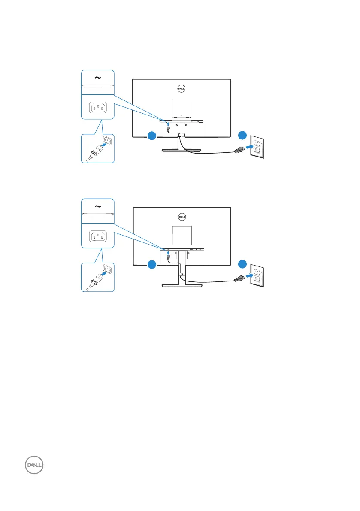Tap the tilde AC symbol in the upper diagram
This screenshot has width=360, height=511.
coord(98,78)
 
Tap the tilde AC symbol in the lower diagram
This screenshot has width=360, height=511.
coord(98,207)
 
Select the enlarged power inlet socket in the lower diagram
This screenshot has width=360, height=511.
coord(98,237)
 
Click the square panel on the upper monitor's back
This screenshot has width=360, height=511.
coord(181,107)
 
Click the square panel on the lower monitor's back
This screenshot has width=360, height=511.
coord(181,236)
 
